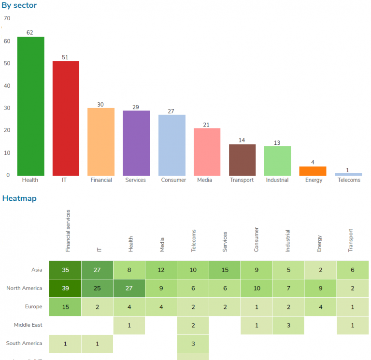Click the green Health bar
(x=31, y=106)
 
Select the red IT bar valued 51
(x=66, y=118)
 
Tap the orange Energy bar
(x=313, y=171)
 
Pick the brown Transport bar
(x=242, y=160)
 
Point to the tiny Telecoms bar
(x=348, y=174)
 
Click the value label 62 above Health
(x=30, y=33)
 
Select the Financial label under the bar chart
(x=101, y=180)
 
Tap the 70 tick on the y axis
(x=7, y=18)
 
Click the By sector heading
(x=19, y=5)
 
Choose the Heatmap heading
(x=19, y=198)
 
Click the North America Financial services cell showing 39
(x=65, y=289)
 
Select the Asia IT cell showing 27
(x=97, y=270)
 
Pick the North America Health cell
(x=129, y=289)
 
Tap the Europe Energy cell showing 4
(x=320, y=307)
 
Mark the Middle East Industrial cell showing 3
(x=288, y=325)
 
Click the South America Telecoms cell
(x=193, y=344)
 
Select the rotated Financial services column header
(x=68, y=231)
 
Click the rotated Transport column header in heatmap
(x=351, y=240)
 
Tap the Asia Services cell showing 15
(x=225, y=270)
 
